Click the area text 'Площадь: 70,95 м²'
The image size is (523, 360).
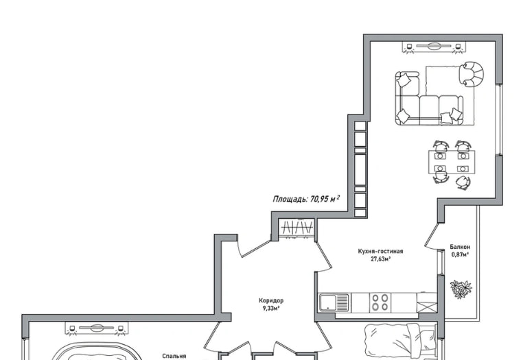click(306, 199)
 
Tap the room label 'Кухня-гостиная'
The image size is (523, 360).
click(380, 252)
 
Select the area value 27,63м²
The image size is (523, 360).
click(380, 259)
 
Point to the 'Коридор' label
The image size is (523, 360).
click(271, 300)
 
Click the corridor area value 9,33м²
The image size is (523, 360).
click(271, 309)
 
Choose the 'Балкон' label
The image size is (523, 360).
click(460, 247)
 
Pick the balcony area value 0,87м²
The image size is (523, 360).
click(461, 254)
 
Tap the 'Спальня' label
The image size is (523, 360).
click(174, 356)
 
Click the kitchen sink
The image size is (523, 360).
click(334, 302)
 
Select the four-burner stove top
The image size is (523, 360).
click(380, 302)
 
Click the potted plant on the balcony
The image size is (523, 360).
click(461, 289)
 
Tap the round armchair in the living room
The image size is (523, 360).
click(471, 74)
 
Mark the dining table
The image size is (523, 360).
click(452, 162)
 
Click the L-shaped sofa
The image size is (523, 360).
click(429, 99)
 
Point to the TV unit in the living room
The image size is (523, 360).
click(434, 47)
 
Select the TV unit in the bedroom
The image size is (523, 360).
click(97, 328)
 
